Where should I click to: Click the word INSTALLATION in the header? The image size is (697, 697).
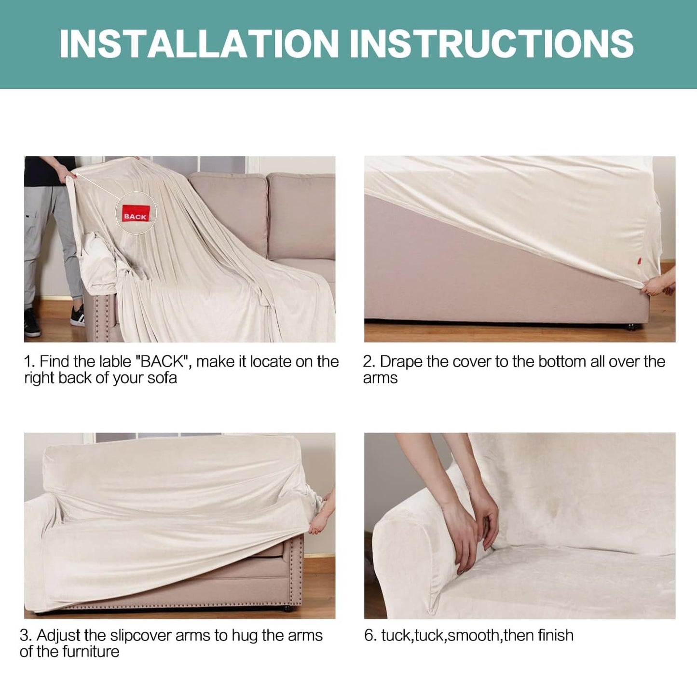199,43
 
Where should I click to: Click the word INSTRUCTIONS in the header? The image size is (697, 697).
492,43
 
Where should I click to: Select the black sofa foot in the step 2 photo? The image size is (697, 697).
631,328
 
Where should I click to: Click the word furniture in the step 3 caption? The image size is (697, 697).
90,652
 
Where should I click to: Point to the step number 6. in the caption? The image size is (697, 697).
370,636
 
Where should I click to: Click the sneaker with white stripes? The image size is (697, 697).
77,315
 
